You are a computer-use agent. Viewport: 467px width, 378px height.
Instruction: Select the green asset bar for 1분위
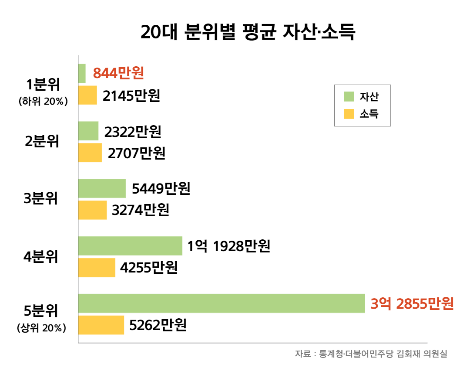(82, 73)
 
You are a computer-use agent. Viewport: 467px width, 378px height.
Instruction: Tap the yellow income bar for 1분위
(87, 95)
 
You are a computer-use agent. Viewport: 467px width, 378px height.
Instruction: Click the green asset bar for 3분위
(102, 188)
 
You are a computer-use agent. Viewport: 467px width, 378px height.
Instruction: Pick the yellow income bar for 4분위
(97, 267)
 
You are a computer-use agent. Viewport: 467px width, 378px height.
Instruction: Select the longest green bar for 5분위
(221, 303)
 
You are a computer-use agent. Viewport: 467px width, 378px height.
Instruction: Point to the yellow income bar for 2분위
(90, 153)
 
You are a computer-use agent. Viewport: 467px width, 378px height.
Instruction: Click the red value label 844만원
(118, 73)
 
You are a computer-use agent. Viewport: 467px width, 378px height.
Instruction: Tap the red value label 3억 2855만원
(412, 303)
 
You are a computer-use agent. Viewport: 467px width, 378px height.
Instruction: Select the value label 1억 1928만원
(229, 246)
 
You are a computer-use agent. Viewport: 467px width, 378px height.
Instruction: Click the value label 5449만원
(161, 188)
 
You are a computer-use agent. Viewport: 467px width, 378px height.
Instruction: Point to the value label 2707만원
(136, 153)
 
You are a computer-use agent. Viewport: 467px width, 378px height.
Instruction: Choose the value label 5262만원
(158, 325)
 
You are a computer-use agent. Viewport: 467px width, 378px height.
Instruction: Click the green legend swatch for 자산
(349, 97)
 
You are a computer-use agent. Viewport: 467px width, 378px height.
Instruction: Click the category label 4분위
(40, 256)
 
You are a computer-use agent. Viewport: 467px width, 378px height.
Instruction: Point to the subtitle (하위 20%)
(43, 101)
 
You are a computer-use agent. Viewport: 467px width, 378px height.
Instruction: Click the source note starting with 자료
(371, 354)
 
